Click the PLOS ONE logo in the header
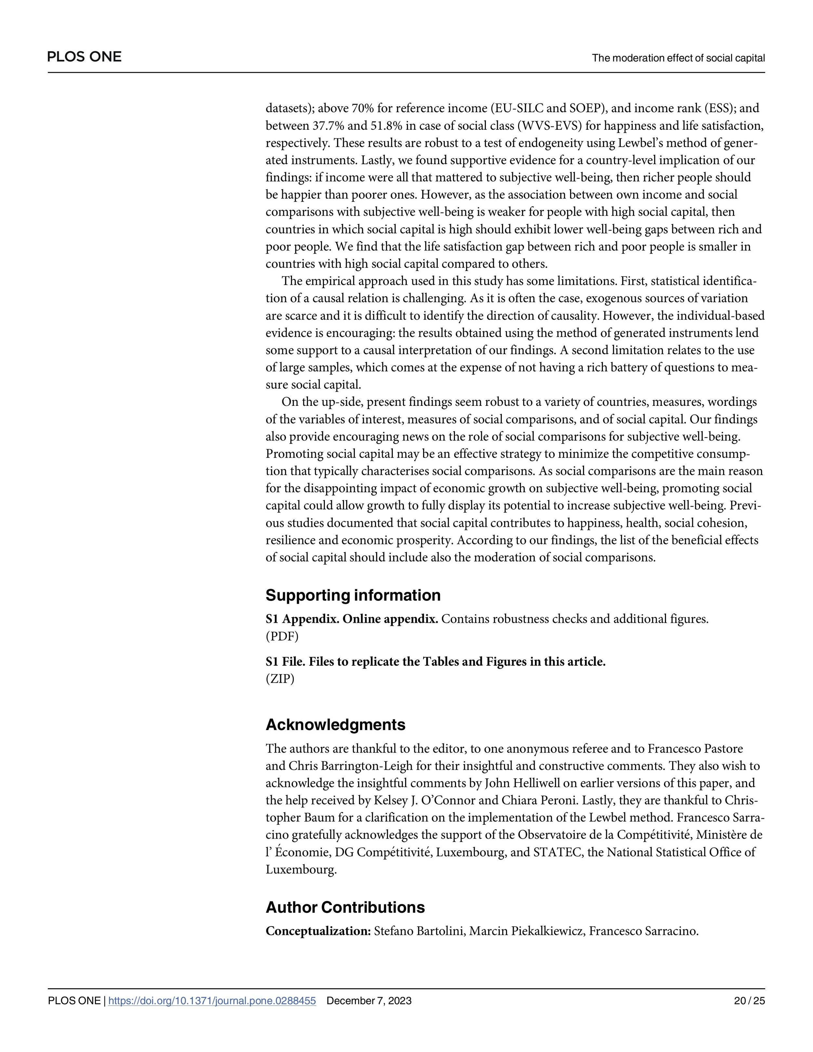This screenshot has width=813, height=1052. (84, 57)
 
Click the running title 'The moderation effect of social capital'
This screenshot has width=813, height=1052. (678, 58)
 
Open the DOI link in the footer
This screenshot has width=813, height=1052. (212, 1001)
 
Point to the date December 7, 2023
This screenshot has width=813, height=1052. (369, 1001)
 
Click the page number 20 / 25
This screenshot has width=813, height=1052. (749, 1001)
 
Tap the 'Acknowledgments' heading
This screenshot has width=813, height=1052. (335, 725)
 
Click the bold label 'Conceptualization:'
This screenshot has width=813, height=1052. (318, 931)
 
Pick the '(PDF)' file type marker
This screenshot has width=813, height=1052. (282, 636)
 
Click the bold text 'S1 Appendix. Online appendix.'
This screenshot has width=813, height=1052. (352, 619)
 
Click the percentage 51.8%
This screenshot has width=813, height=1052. (385, 126)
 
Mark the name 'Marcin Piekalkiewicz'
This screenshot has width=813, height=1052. (527, 931)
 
